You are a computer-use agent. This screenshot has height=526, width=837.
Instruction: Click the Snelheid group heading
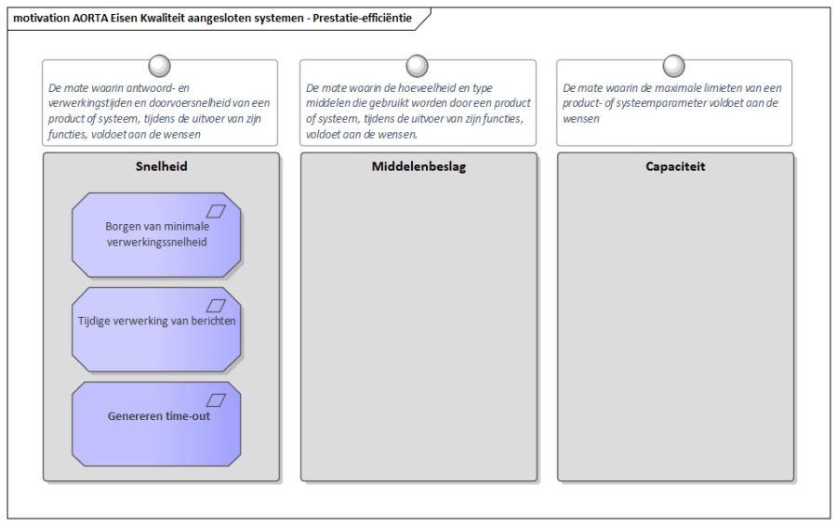161,166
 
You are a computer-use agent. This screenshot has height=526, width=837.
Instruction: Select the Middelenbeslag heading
418,166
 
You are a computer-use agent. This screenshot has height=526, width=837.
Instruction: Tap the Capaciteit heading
675,166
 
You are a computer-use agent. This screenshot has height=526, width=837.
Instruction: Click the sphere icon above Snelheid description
159,66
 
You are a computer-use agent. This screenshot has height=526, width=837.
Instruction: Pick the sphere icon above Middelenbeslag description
417,66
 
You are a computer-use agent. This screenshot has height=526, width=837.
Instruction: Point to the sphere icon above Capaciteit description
673,66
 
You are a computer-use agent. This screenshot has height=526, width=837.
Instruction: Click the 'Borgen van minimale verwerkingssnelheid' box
156,235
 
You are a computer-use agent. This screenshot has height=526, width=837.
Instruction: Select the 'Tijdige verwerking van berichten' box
156,329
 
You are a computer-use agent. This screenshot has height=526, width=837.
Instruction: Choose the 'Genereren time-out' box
156,424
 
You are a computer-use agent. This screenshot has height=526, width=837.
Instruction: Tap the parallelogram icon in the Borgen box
216,211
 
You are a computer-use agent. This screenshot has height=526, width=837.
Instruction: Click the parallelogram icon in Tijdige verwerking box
216,306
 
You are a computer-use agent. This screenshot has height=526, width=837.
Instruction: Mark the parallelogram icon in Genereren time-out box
216,401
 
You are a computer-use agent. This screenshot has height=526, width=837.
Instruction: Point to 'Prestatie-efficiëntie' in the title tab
363,19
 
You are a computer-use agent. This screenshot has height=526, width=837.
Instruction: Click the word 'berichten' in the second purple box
212,321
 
